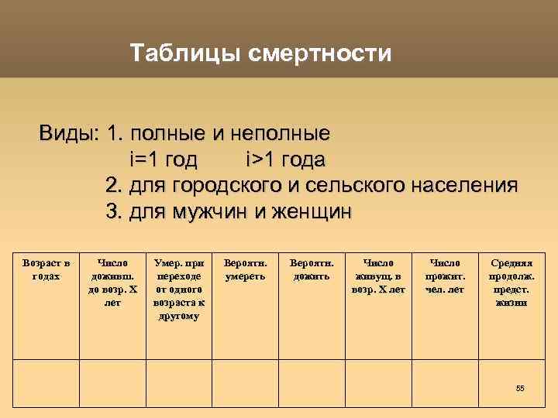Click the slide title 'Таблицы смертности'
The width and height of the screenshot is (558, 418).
coord(260,54)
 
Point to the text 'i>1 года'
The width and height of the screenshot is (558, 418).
coord(284,159)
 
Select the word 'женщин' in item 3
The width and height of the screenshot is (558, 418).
coord(311,211)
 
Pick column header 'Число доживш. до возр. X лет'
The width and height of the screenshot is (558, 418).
coord(112,283)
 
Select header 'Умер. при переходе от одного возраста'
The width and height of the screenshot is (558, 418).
coord(177,290)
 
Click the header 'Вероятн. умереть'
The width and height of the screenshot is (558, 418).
coord(245,270)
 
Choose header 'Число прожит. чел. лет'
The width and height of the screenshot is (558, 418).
coord(444,276)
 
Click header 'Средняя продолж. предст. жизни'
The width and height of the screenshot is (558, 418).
coord(508,283)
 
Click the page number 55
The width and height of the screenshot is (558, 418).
coord(520,388)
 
